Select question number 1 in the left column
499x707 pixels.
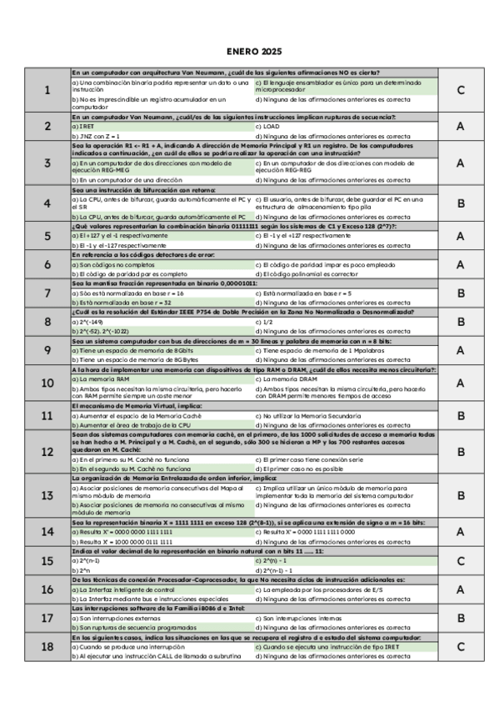pyautogui.click(x=47, y=90)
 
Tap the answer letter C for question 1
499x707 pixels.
pyautogui.click(x=460, y=90)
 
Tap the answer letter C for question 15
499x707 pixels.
pyautogui.click(x=460, y=561)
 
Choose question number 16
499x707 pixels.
pyautogui.click(x=47, y=589)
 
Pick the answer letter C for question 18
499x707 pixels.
pyautogui.click(x=460, y=646)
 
